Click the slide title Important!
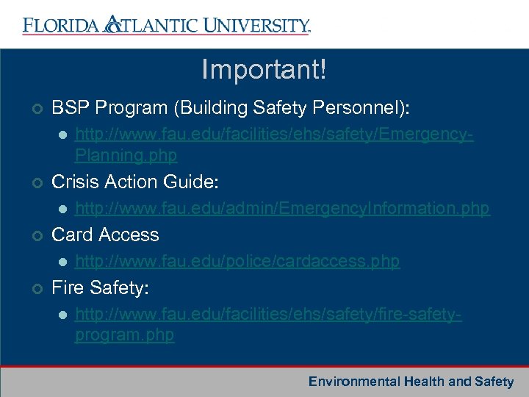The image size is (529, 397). pos(264,71)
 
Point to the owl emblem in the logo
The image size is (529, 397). pos(112,25)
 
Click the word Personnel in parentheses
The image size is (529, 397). pos(356,108)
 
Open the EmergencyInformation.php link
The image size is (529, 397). pos(282,209)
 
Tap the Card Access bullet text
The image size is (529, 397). pos(105,235)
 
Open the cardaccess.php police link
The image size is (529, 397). pos(237,261)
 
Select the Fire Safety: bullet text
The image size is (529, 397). pos(100,287)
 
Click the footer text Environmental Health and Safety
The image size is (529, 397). pos(411,382)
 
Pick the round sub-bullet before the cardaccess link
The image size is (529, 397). pos(62,262)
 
